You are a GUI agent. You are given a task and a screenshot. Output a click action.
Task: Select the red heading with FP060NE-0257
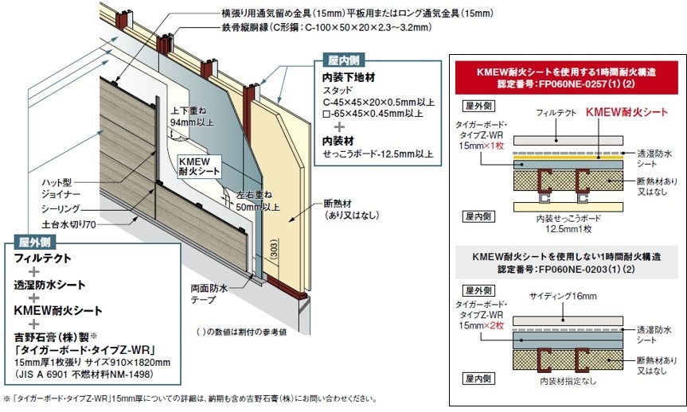tap(566, 77)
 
